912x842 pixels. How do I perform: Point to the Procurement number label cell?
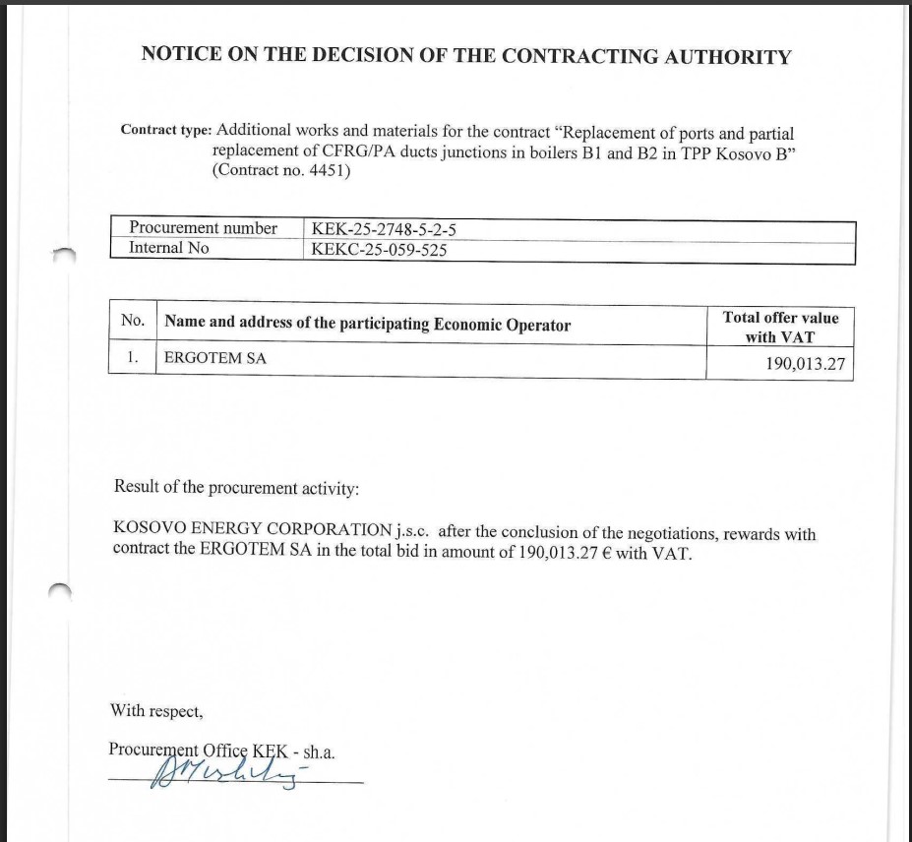click(204, 228)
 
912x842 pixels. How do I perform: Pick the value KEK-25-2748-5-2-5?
click(384, 229)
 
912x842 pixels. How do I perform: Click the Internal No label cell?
click(168, 248)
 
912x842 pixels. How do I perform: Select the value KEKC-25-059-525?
click(379, 250)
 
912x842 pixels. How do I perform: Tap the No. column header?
click(133, 321)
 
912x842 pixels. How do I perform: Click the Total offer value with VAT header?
click(780, 327)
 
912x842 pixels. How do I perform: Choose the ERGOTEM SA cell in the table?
click(214, 358)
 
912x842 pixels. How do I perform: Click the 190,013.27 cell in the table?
click(805, 365)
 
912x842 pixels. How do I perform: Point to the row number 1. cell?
click(132, 358)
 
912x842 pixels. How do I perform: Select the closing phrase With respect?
click(156, 709)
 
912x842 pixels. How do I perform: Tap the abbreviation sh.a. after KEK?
click(320, 752)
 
